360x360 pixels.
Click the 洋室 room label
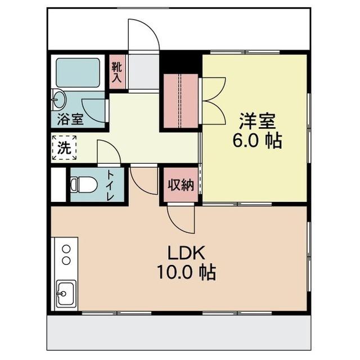click(x=257, y=121)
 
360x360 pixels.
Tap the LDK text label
click(x=186, y=253)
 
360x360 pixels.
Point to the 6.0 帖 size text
click(x=257, y=141)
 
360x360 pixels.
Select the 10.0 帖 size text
click(x=186, y=272)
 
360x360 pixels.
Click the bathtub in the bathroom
click(x=78, y=73)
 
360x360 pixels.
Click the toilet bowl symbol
click(x=83, y=184)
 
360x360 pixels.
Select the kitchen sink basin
click(x=66, y=294)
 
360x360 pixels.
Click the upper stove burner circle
click(x=66, y=249)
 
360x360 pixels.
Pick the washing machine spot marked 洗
click(x=64, y=147)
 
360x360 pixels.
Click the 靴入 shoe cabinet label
click(x=117, y=72)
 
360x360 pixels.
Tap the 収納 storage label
click(x=181, y=184)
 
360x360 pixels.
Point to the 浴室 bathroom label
click(x=70, y=119)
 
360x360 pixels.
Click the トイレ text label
click(x=110, y=186)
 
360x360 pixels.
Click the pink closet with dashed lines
click(x=181, y=101)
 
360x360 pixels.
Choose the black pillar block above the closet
click(x=181, y=62)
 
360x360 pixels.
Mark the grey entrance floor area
click(x=143, y=72)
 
